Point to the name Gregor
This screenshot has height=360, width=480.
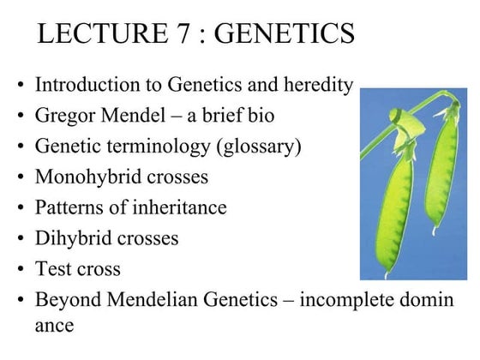tap(64, 116)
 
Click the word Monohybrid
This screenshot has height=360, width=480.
tap(87, 177)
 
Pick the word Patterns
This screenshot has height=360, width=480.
tap(69, 207)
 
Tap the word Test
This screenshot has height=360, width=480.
tap(52, 269)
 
